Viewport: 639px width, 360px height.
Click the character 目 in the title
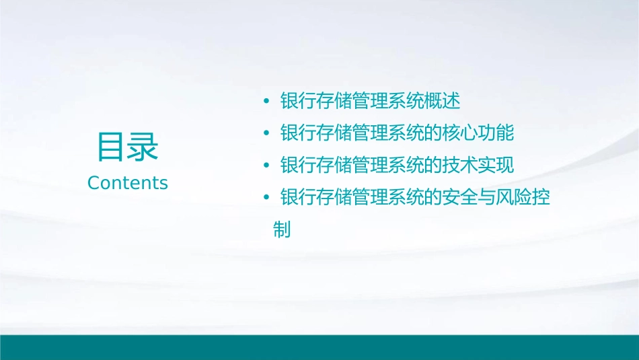tap(112, 147)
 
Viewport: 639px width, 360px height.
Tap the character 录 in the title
tap(143, 147)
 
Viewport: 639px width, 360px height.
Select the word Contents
tap(128, 183)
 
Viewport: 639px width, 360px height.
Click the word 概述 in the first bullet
tap(443, 102)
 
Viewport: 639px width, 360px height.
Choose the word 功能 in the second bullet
tap(497, 133)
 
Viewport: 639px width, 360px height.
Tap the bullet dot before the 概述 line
tap(266, 102)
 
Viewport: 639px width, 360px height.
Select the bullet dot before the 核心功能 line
tap(266, 134)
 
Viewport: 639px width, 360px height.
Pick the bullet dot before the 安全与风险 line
tap(266, 198)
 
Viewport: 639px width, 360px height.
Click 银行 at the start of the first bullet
tap(298, 102)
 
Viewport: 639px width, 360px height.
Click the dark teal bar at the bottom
tap(319, 347)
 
